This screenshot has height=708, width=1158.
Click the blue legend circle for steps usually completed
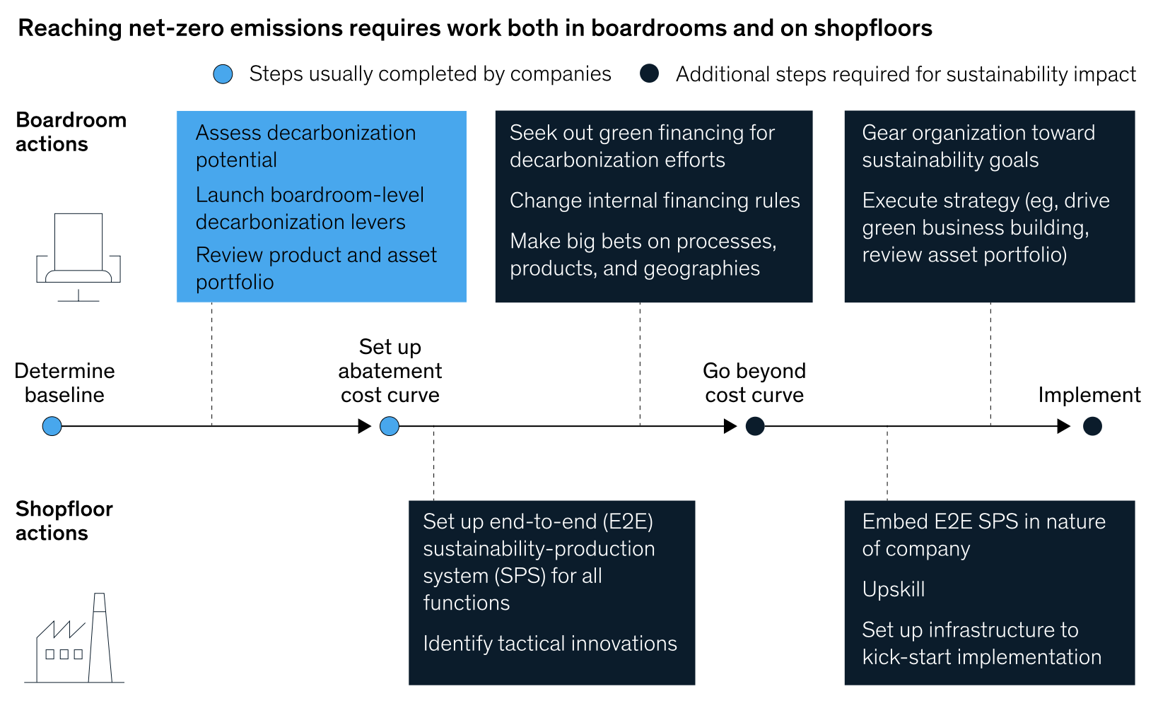[x=223, y=74]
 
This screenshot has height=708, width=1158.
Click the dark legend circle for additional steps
[x=649, y=73]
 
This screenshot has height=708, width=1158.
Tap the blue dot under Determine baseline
[x=52, y=426]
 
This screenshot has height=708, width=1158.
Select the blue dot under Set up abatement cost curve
[x=390, y=426]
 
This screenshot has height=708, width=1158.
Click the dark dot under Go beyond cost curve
[x=755, y=426]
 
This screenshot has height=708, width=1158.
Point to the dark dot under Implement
[x=1092, y=426]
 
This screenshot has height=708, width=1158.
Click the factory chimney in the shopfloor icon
[x=100, y=638]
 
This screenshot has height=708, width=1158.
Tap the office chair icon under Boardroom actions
[x=78, y=256]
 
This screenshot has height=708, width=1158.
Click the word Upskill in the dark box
[x=894, y=589]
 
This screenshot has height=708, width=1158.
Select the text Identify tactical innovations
[x=550, y=644]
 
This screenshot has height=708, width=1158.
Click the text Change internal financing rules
[x=655, y=201]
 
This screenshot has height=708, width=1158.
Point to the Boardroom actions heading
[x=71, y=132]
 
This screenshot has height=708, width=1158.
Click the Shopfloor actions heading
[x=64, y=521]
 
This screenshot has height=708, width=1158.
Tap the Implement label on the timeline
[x=1089, y=395]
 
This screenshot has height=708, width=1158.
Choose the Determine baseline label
[x=64, y=383]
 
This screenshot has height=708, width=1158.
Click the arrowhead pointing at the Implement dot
[x=1064, y=426]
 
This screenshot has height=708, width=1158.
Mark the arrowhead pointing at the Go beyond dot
[x=730, y=426]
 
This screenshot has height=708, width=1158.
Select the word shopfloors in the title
[x=873, y=28]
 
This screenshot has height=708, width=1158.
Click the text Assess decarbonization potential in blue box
[x=305, y=146]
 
